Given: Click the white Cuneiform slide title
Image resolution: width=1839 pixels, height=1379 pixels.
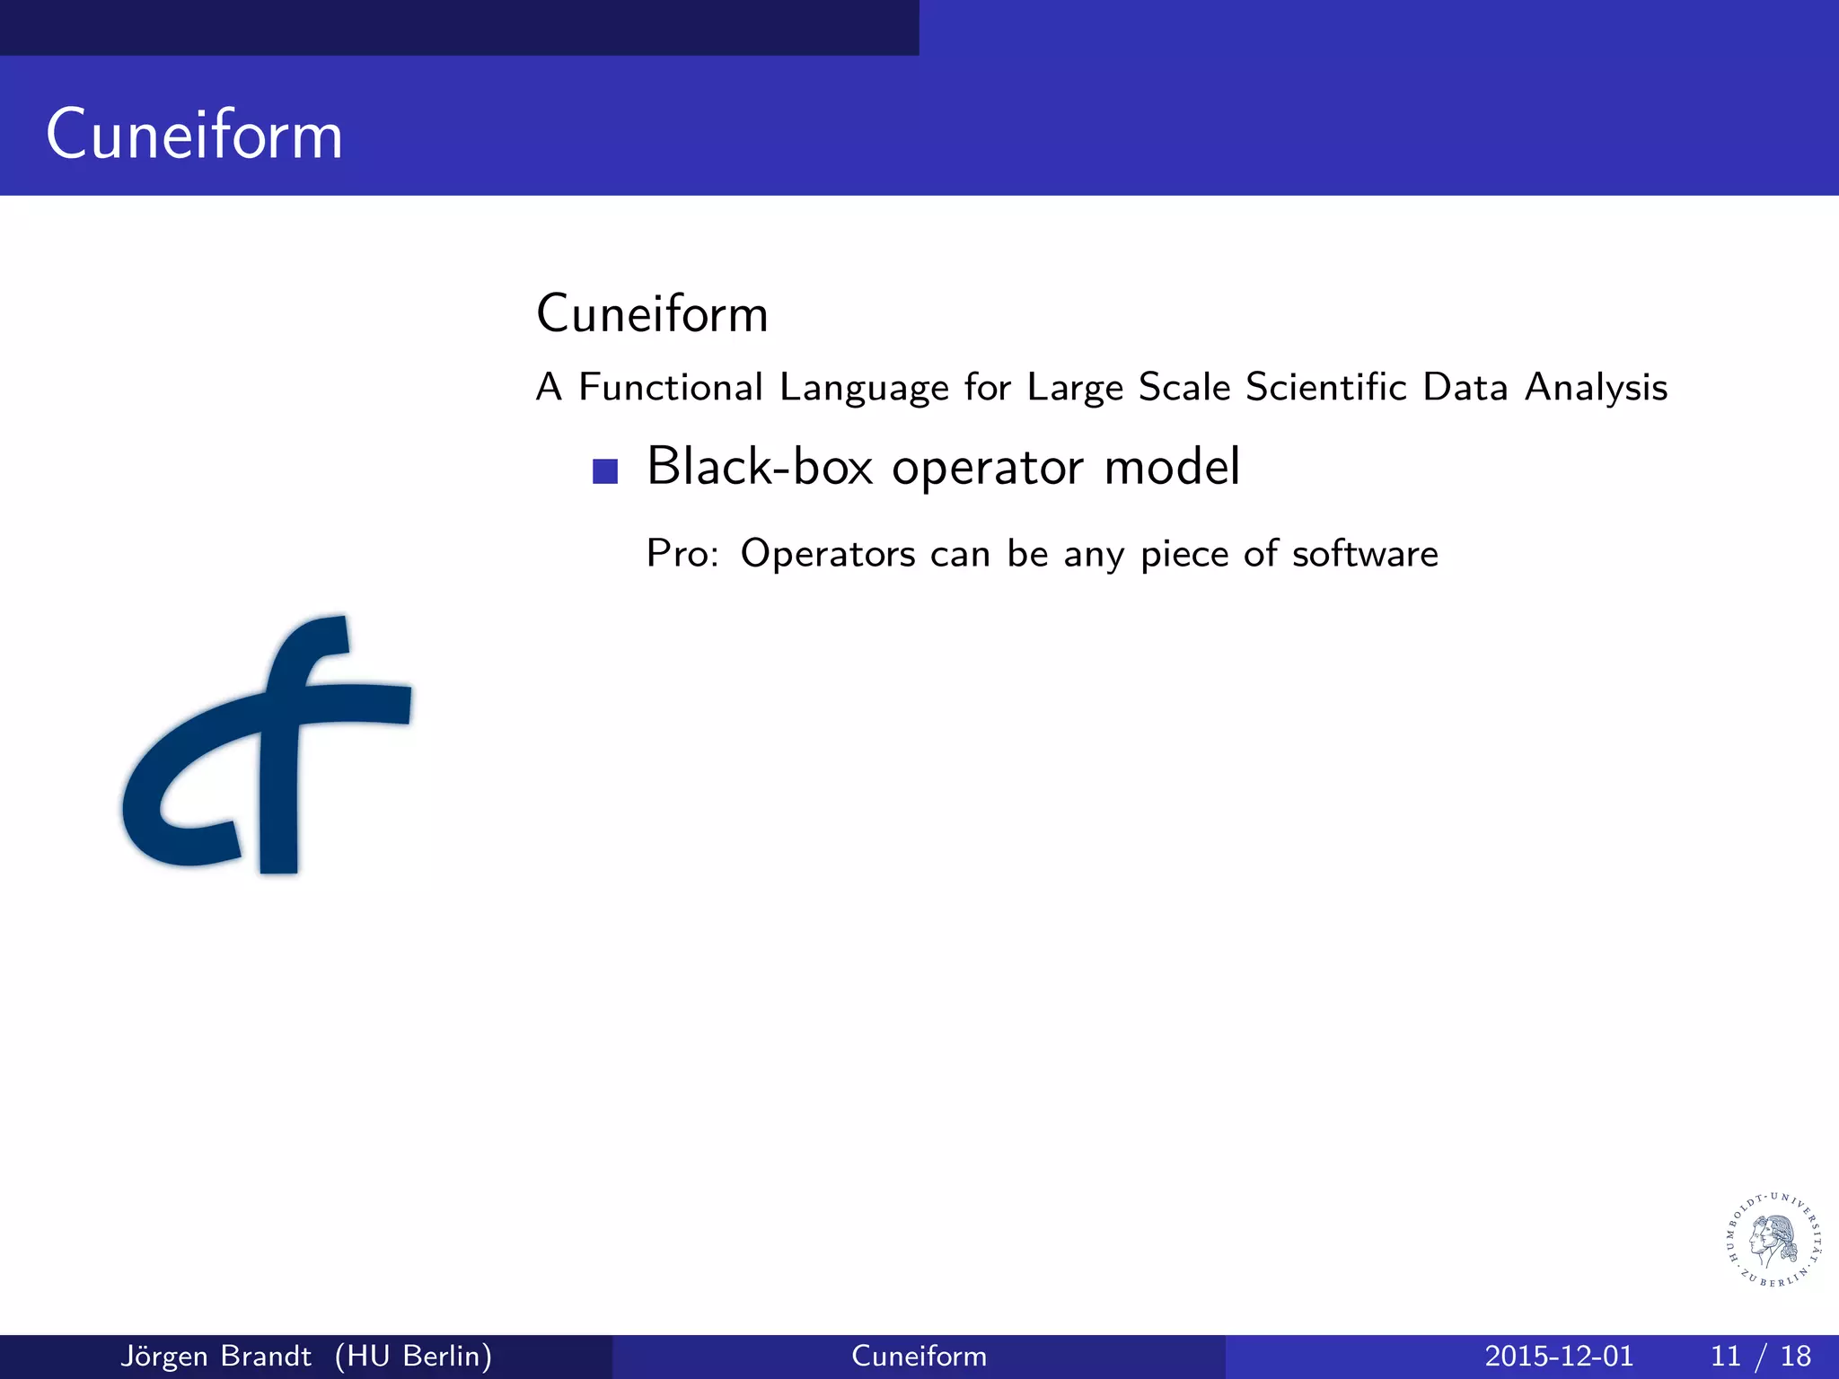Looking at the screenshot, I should [x=194, y=135].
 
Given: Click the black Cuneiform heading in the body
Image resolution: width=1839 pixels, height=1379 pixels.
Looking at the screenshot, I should [x=652, y=314].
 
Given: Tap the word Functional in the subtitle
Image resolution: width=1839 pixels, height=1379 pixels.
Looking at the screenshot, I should [x=670, y=387].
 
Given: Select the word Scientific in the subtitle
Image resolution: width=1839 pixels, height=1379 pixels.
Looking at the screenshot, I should [x=1325, y=387].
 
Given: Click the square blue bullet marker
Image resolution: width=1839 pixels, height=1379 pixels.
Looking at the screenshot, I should [x=605, y=471].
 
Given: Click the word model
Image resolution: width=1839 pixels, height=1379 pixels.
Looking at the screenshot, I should [x=1171, y=467].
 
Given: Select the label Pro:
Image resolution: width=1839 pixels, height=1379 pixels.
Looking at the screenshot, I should [x=682, y=554].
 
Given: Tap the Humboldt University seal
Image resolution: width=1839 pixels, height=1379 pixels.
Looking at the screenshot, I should [x=1774, y=1240].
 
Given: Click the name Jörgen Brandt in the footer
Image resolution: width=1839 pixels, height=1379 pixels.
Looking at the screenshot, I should [x=216, y=1356].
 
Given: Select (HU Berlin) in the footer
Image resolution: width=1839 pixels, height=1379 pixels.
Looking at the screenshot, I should [x=413, y=1356].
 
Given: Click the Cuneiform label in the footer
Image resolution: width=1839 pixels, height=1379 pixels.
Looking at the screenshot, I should [x=919, y=1356].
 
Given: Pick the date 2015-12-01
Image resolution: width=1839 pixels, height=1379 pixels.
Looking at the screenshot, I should [x=1558, y=1356].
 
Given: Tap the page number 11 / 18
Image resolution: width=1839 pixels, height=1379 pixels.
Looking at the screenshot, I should [x=1760, y=1356].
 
